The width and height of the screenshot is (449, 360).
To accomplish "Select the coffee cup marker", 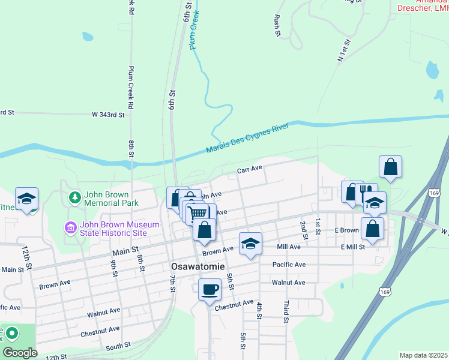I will tap(209, 290).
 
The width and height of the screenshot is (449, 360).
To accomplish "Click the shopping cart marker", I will tap(198, 213).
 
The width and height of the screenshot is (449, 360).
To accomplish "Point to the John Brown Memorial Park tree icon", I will tap(74, 197).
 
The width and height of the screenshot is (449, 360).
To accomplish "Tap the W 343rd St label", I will tap(108, 114).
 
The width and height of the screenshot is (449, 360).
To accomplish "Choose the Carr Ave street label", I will tap(250, 170).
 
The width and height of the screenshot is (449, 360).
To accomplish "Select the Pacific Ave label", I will tap(289, 265).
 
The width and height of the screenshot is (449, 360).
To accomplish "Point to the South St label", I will tap(118, 346).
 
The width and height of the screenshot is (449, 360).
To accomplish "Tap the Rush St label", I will tap(278, 25).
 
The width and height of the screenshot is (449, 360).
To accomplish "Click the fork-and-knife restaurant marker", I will tap(366, 193).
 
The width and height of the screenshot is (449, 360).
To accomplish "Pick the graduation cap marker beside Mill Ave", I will tap(251, 243).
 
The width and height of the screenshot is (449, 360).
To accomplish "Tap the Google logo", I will tap(20, 353).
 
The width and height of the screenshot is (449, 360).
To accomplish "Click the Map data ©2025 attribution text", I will tap(424, 355).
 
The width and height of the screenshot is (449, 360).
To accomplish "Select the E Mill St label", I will tap(354, 247).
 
